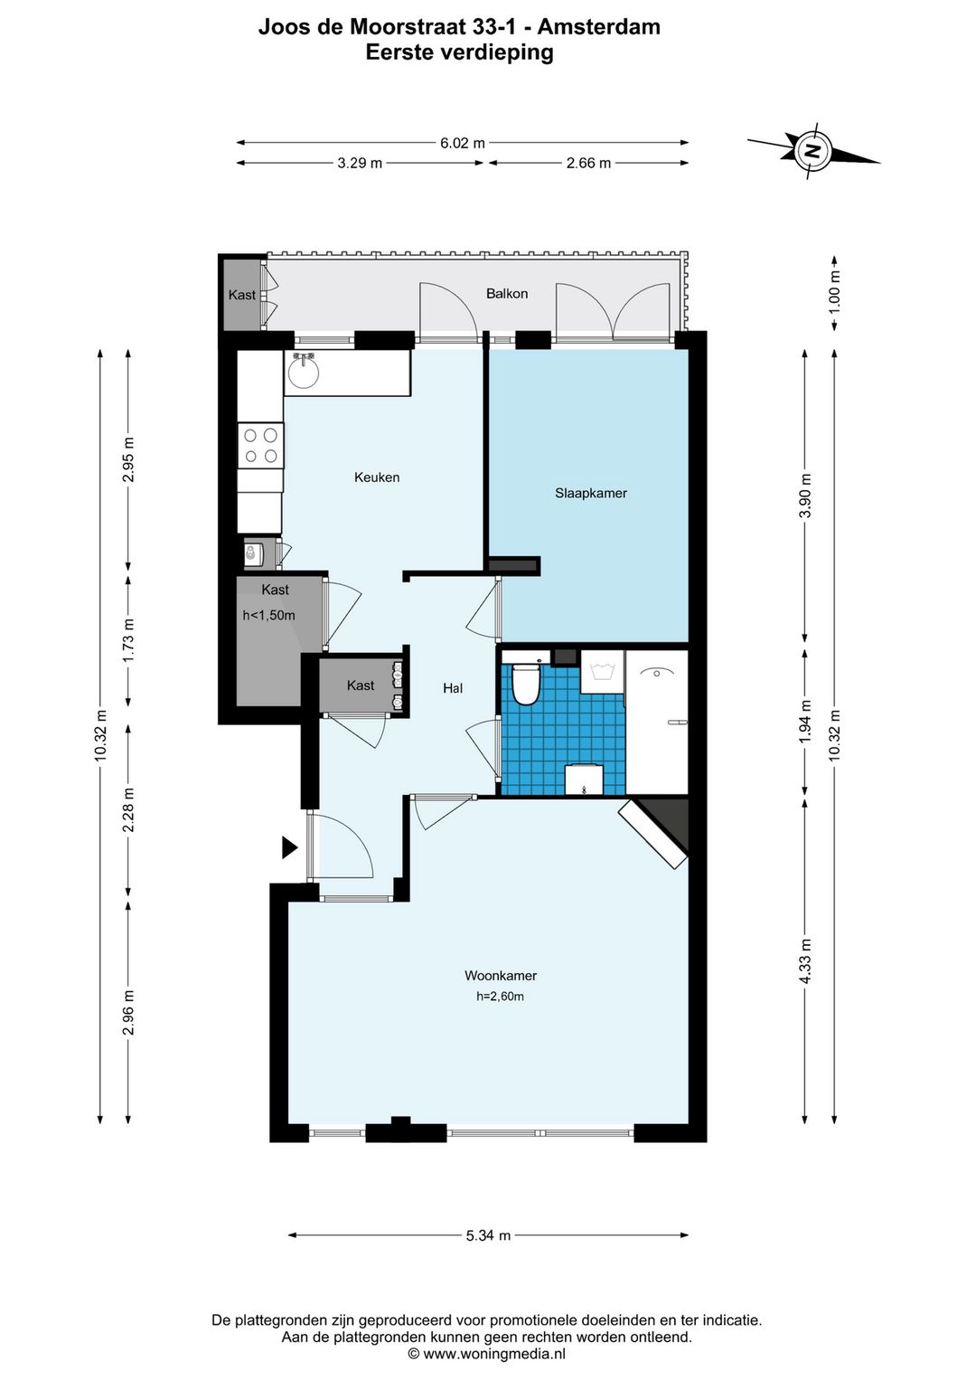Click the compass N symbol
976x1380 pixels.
click(813, 151)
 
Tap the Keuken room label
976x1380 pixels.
click(377, 477)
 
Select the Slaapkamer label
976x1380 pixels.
click(590, 493)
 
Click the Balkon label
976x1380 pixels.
click(507, 293)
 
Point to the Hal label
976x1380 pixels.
click(453, 688)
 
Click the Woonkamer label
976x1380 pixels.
click(500, 975)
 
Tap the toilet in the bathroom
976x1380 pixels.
click(526, 683)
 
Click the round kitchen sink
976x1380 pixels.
click(303, 372)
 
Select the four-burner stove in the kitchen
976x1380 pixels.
click(260, 446)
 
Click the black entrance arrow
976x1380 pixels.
click(289, 847)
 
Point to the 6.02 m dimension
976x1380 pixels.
click(463, 143)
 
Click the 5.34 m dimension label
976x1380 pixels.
click(488, 1235)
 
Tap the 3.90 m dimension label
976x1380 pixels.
click(805, 496)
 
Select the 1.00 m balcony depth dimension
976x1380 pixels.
click(834, 292)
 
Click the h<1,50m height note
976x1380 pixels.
click(268, 615)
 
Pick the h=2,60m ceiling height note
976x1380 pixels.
click(500, 997)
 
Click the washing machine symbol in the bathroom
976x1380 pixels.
click(603, 672)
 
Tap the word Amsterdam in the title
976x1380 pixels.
click(599, 27)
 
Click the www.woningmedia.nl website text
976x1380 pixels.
click(493, 1353)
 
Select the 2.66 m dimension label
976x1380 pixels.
click(588, 164)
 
